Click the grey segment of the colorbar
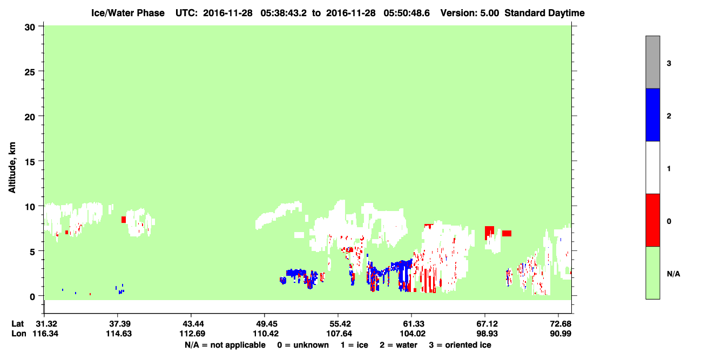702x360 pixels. coord(652,62)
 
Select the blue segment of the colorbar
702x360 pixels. coord(652,114)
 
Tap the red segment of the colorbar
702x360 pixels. coord(652,220)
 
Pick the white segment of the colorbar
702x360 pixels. coord(652,167)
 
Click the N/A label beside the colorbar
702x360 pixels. coord(673,274)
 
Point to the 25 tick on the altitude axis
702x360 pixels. coord(30,72)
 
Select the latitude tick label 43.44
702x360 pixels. coord(191,324)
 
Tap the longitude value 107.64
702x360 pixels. coord(339,334)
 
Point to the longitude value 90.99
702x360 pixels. coord(561,334)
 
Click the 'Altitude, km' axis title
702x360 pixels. coord(12,168)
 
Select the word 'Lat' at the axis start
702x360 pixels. coord(17,324)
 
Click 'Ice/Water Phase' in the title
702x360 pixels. coord(128,13)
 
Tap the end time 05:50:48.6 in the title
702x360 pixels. coord(407,13)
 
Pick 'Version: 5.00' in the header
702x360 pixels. coord(470,13)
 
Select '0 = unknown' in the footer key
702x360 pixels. coord(303,345)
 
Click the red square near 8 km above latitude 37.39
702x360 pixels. coord(124,220)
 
